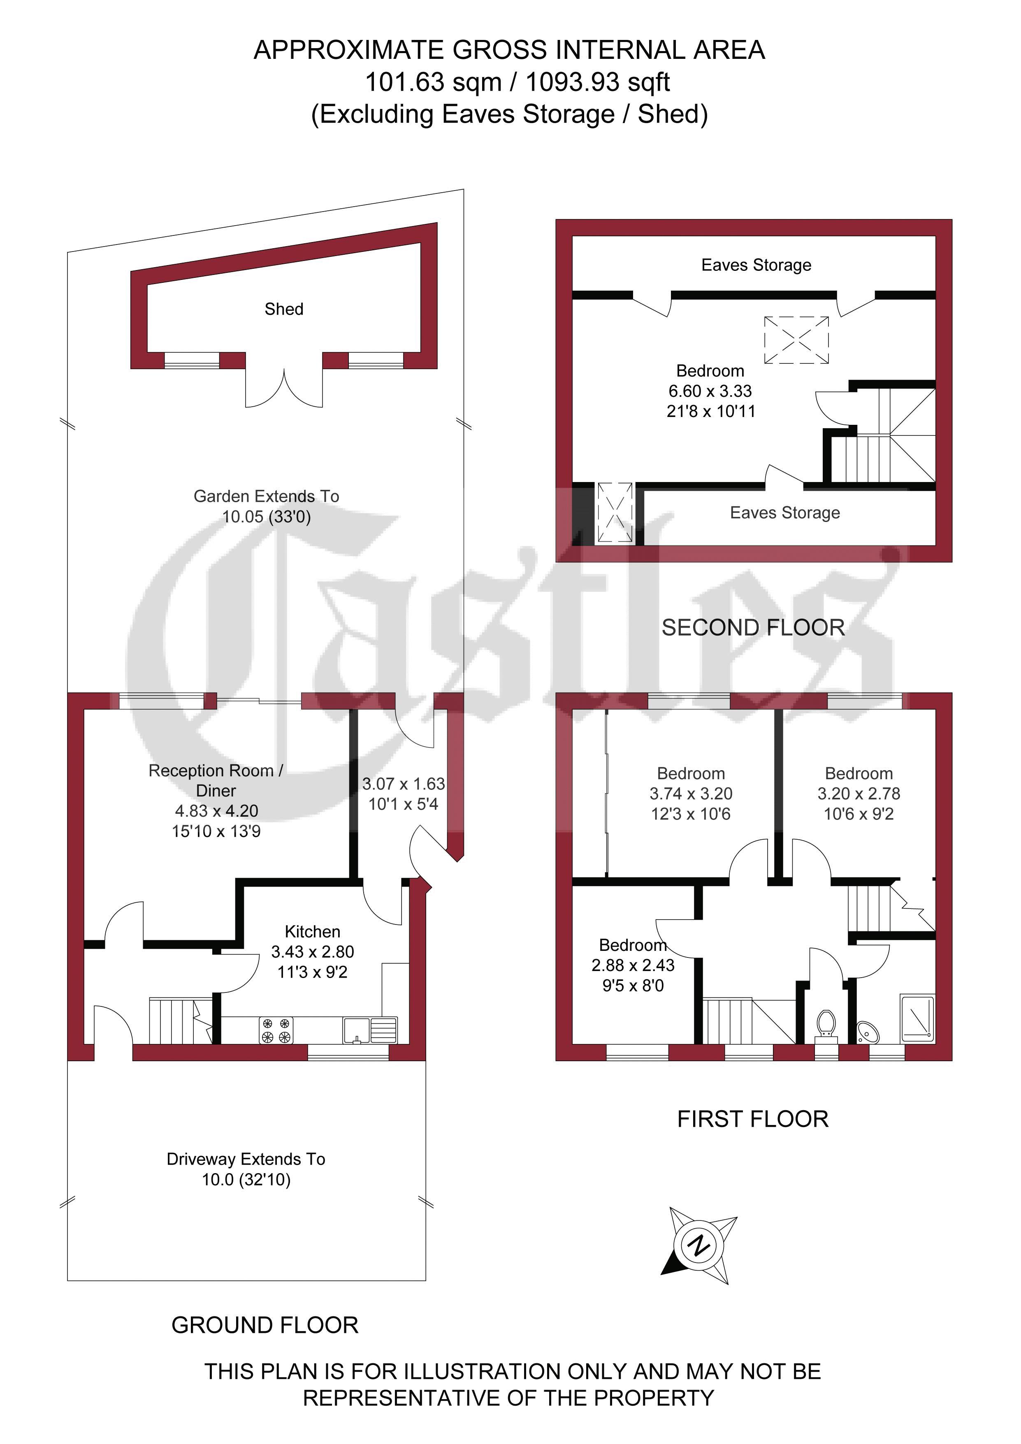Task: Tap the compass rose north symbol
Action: click(x=698, y=1245)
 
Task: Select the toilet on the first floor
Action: click(x=826, y=1025)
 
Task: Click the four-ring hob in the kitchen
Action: click(x=276, y=1030)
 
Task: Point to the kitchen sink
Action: click(x=370, y=1030)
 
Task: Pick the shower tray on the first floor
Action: click(x=917, y=1018)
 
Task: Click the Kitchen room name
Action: click(x=313, y=932)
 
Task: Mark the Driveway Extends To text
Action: click(x=246, y=1159)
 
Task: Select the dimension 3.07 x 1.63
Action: click(x=403, y=784)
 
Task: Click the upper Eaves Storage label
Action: click(x=756, y=265)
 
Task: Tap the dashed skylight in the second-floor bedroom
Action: click(x=796, y=340)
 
